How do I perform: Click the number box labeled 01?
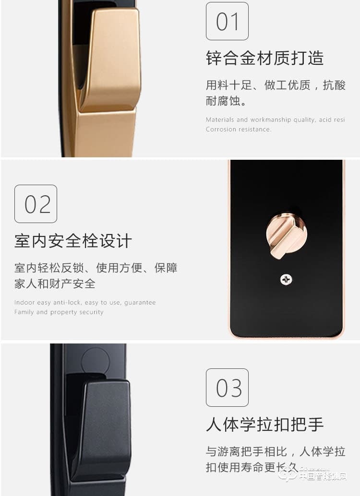[227, 21]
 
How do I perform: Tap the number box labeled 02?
[36, 204]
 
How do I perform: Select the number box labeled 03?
[227, 388]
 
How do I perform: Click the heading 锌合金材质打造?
[264, 58]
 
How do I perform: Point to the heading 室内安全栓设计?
[73, 241]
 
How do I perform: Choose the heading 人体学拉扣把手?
[264, 425]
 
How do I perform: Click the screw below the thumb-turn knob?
[286, 280]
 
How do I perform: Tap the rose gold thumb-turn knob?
[286, 236]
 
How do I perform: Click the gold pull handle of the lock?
[113, 62]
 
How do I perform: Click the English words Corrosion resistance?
[239, 130]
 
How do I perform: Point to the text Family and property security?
[59, 312]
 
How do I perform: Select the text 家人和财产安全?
[55, 283]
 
